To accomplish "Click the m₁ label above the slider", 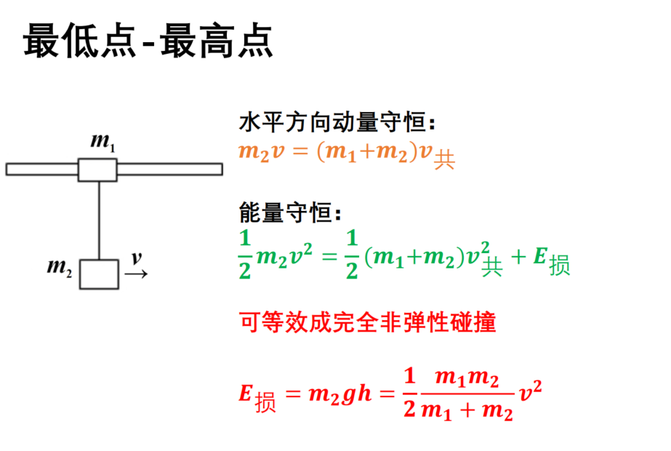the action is click(103, 142).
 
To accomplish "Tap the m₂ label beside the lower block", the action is click(60, 268).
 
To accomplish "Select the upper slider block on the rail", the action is click(97, 170).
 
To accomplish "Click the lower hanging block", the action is click(100, 274).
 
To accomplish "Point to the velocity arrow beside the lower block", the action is click(136, 274).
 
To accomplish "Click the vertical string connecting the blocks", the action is click(100, 220).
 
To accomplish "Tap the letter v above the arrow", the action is click(137, 258).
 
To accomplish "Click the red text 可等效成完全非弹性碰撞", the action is click(367, 322).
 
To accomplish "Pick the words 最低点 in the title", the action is click(79, 41).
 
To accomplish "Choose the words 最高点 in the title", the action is click(217, 41).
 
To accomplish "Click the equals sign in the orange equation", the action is click(300, 151).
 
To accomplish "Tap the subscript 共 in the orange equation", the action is click(444, 160).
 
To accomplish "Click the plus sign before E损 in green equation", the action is click(518, 257).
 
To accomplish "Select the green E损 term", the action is click(552, 260).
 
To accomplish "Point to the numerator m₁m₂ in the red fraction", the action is click(467, 378).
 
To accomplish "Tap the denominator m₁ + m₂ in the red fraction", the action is click(467, 410).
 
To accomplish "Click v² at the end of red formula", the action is click(531, 391).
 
